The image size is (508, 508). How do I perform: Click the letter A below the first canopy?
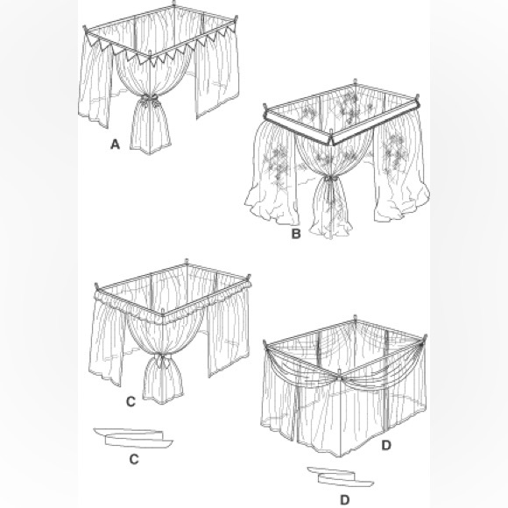[114, 146]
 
